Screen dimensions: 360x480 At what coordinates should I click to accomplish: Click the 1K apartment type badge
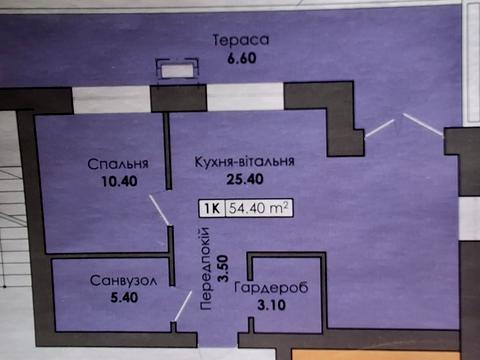(x=212, y=210)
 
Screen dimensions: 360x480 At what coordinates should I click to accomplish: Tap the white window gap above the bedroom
(x=111, y=100)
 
